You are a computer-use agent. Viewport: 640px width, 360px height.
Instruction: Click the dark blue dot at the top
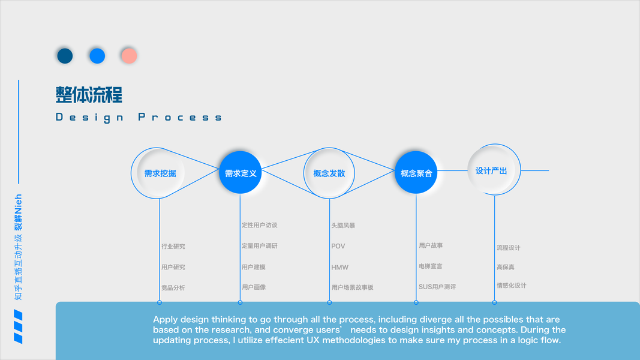pos(65,56)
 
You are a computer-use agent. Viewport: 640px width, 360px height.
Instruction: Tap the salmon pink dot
pos(128,56)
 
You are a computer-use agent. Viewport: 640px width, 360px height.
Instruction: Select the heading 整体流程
pos(89,95)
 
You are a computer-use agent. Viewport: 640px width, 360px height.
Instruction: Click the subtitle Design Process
pos(139,118)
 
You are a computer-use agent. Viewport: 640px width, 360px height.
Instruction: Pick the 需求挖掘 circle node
pos(160,173)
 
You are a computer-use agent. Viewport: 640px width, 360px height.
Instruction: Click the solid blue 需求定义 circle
pos(241,173)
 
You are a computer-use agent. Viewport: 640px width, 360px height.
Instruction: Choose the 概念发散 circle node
pos(329,173)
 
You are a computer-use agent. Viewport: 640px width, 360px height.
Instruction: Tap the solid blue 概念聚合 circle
pos(416,173)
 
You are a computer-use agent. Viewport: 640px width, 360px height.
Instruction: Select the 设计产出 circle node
pos(494,170)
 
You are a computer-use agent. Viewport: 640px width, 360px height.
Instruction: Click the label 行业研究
pos(173,247)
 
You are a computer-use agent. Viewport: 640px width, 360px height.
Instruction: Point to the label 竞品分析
pos(173,288)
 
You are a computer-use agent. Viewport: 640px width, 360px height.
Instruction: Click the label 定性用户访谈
pos(260,226)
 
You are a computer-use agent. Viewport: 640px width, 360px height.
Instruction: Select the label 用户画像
pos(254,287)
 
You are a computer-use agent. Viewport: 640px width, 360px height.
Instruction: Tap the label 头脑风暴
pos(343,226)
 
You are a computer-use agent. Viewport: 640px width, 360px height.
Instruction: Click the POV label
pos(338,247)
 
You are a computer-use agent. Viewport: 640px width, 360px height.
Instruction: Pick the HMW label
pos(339,268)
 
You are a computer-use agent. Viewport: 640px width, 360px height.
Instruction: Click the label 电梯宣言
pos(431,266)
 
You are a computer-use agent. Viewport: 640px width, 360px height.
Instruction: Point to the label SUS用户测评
pos(437,287)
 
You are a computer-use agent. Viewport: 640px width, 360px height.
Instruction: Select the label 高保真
pos(505,267)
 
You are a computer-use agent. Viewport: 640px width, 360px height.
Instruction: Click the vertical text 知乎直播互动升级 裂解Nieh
pos(19,247)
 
